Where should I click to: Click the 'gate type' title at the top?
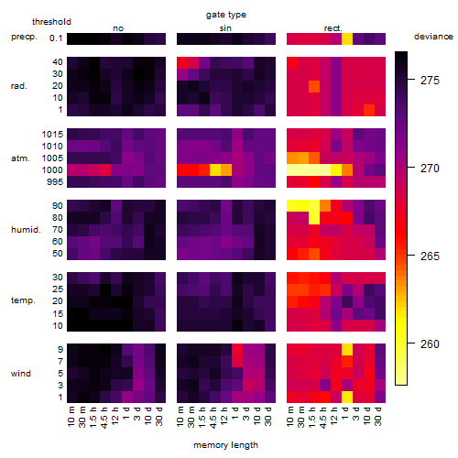tap(226, 15)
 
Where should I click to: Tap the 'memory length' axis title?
tap(225, 445)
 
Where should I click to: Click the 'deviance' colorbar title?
tap(433, 37)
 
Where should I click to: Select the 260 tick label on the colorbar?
tap(430, 344)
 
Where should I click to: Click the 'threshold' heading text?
tap(51, 22)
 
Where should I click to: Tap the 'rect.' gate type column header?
tap(333, 28)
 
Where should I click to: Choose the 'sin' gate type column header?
tap(225, 28)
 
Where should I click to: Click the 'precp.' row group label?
tap(24, 37)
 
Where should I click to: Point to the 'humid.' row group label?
tap(26, 229)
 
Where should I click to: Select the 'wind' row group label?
tap(21, 374)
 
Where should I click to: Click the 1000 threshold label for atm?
tap(52, 170)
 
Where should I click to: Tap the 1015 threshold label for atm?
tap(52, 135)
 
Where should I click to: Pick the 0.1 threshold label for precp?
tap(56, 38)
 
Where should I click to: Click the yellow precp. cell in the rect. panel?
tap(347, 38)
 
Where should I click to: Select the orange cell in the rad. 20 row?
tap(314, 86)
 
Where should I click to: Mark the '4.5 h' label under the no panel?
tap(104, 418)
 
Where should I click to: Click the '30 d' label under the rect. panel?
tap(377, 416)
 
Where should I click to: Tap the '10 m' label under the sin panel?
tap(180, 416)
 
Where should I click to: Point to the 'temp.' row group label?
tap(23, 300)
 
